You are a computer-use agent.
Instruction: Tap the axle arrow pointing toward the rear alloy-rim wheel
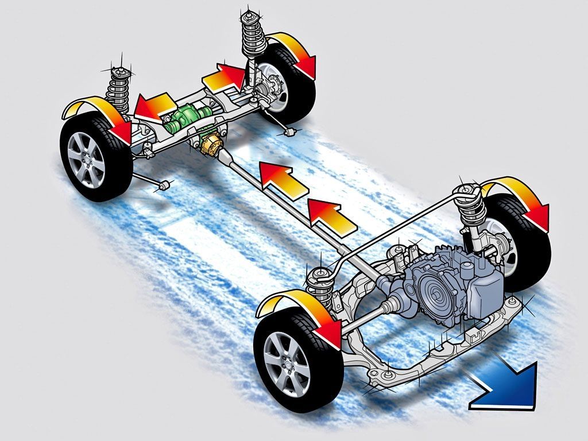pyautogui.click(x=153, y=106)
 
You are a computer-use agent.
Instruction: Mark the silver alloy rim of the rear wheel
pyautogui.click(x=86, y=158)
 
